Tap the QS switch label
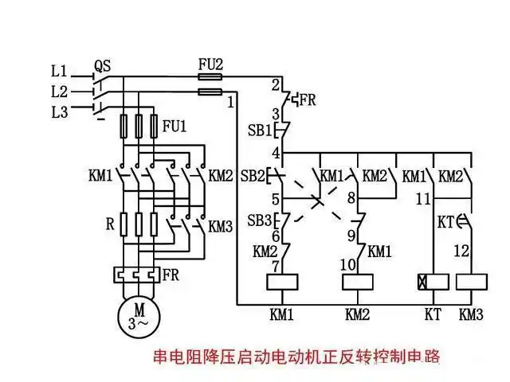coord(102,64)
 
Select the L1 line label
coord(61,71)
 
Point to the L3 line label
coord(61,111)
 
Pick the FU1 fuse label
coord(173,126)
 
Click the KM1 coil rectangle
coord(282,281)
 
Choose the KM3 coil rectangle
coord(471,281)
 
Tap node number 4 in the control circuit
coord(275,151)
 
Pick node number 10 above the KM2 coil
coord(349,263)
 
